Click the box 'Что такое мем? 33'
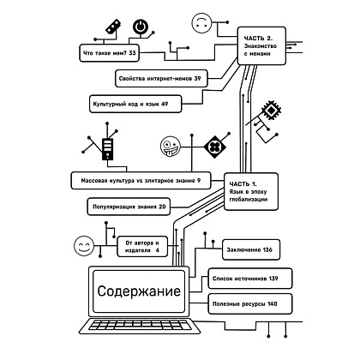(110, 53)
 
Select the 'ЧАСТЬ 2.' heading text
(258, 38)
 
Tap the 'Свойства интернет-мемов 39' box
(161, 78)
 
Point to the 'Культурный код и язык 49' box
(135, 104)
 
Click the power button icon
(141, 27)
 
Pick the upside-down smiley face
(201, 23)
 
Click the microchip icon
(271, 109)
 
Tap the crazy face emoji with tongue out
(171, 147)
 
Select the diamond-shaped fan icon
(215, 147)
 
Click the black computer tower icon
(107, 149)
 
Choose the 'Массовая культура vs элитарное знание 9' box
(141, 181)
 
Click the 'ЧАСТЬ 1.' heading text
(243, 184)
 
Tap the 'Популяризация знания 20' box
(129, 207)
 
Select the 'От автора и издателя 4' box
(142, 247)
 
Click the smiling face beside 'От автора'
(84, 246)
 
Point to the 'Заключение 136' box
(251, 249)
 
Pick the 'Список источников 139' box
(250, 279)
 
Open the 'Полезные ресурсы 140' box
(250, 304)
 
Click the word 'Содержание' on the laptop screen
(139, 291)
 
